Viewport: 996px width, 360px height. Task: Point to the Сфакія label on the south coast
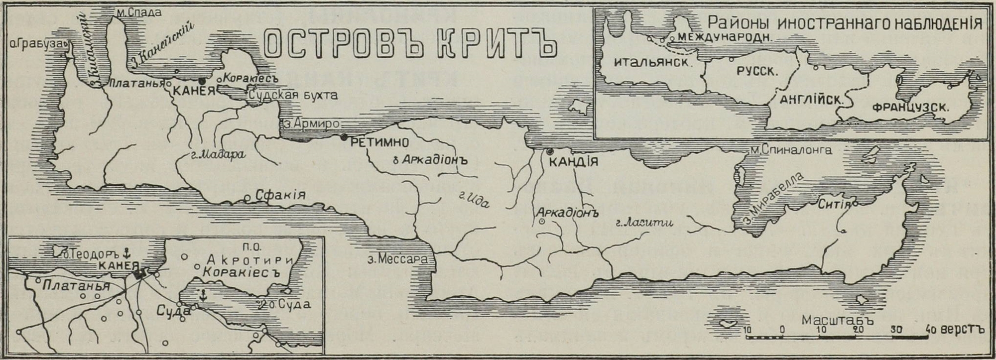(x=280, y=195)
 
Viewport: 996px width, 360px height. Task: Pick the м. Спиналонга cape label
(x=791, y=149)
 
